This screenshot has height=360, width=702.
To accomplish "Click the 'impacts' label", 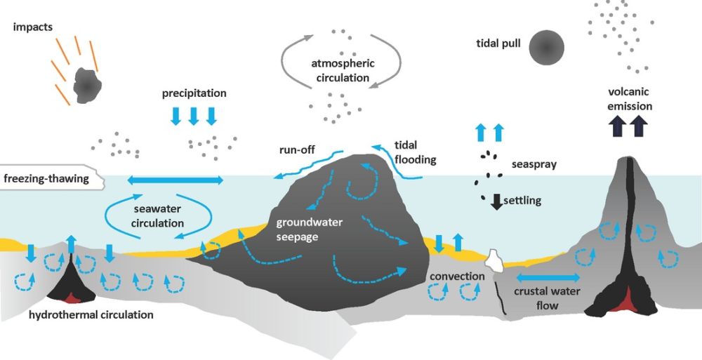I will [x=32, y=27].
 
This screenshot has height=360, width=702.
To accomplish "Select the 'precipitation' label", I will [x=194, y=93].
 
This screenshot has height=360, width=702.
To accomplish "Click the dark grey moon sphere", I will [x=547, y=47].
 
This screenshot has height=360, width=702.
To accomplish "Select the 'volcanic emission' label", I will [x=630, y=99].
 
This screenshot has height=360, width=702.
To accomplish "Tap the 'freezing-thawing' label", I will [x=46, y=178].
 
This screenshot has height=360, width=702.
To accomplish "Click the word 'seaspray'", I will [x=534, y=165].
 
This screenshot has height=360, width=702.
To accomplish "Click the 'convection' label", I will [x=458, y=276].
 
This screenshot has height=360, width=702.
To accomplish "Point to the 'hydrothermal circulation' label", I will [x=91, y=314].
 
